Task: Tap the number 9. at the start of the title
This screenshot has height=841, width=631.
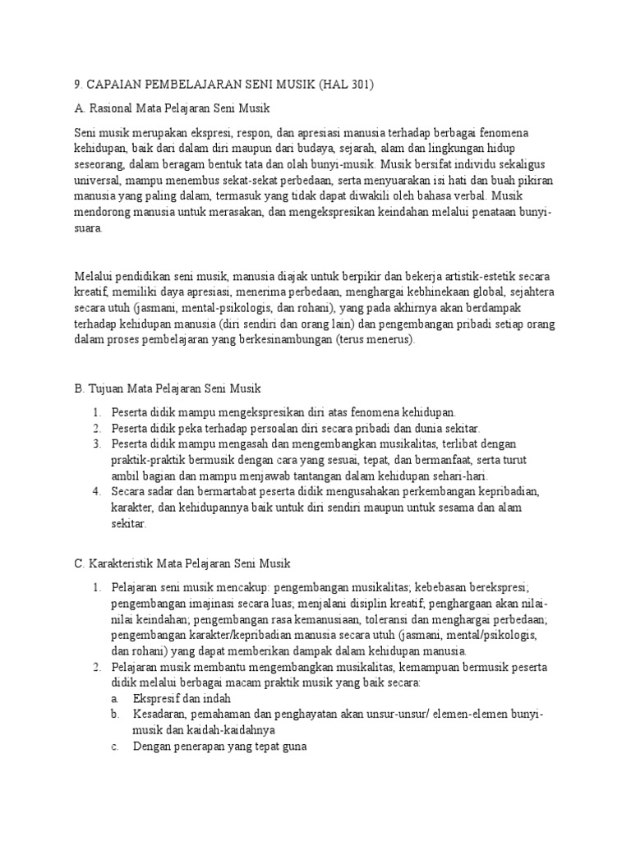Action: [79, 84]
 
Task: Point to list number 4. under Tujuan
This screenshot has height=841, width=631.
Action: [96, 492]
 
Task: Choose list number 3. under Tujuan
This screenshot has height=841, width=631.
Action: [96, 444]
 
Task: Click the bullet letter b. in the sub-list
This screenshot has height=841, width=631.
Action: [116, 715]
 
